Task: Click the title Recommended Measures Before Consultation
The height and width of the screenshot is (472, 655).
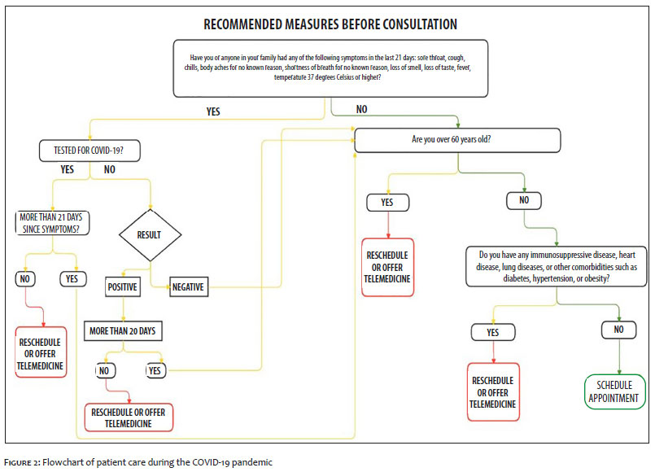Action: pyautogui.click(x=330, y=24)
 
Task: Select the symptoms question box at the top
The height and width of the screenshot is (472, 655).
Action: pyautogui.click(x=330, y=68)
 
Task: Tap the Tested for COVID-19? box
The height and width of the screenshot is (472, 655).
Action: pyautogui.click(x=90, y=151)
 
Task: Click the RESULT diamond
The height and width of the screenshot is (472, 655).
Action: pyautogui.click(x=150, y=235)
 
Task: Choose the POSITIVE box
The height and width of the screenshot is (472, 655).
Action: pyautogui.click(x=122, y=287)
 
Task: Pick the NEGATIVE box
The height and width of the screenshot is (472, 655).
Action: pyautogui.click(x=189, y=287)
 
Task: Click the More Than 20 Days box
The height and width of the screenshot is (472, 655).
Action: pyautogui.click(x=123, y=331)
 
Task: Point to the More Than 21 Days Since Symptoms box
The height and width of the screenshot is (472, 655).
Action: pyautogui.click(x=52, y=223)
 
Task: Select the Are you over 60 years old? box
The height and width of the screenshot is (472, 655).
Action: pyautogui.click(x=457, y=140)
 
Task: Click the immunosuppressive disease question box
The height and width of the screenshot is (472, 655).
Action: pyautogui.click(x=556, y=266)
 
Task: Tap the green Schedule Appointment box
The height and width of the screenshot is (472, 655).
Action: pyautogui.click(x=614, y=391)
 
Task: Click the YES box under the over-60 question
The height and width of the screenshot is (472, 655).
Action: pyautogui.click(x=387, y=203)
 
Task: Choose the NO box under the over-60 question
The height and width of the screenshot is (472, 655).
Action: pyautogui.click(x=524, y=200)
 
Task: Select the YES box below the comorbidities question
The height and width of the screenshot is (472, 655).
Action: pyautogui.click(x=493, y=333)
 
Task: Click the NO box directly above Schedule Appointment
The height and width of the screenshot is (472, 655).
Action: pyautogui.click(x=618, y=330)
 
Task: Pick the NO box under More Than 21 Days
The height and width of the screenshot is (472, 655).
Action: pyautogui.click(x=25, y=279)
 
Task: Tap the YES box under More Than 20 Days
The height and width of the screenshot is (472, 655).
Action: pyautogui.click(x=155, y=370)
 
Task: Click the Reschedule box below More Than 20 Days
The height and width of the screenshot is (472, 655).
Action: pyautogui.click(x=129, y=417)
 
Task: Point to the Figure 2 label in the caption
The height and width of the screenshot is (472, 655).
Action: pyautogui.click(x=22, y=462)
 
